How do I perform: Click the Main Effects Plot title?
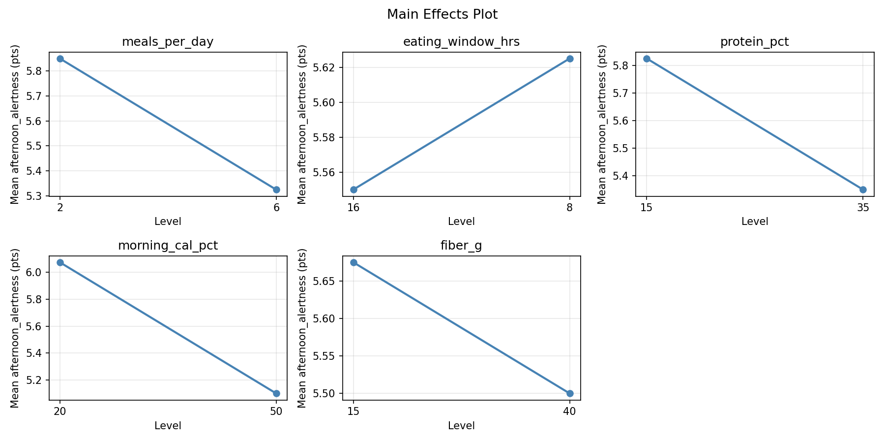click(442, 14)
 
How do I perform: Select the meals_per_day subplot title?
click(168, 42)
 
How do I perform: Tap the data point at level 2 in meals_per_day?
click(60, 59)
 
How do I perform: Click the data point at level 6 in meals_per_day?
click(276, 190)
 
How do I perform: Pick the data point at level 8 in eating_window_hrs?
click(570, 59)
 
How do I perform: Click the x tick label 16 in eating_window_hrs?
click(354, 208)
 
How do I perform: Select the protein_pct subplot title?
click(754, 42)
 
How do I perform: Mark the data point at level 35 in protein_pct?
click(863, 190)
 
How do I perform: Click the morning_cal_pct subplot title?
click(168, 246)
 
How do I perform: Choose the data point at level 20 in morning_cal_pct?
click(60, 262)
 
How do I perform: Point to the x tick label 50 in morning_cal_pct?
click(276, 411)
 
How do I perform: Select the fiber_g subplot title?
click(461, 246)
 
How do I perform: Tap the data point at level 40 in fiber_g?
click(570, 393)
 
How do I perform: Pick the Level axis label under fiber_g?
click(461, 426)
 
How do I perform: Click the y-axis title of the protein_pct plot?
click(602, 124)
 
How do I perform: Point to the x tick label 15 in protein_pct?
click(647, 208)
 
